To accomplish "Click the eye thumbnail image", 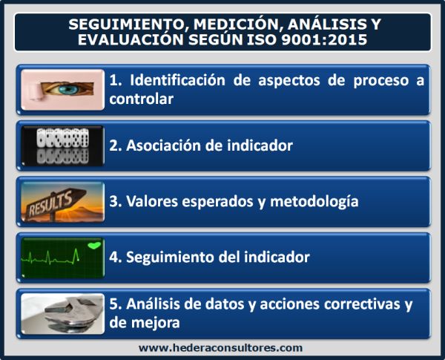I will pyautogui.click(x=62, y=89).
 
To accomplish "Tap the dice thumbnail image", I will pyautogui.click(x=62, y=145).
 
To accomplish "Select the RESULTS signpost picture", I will pyautogui.click(x=62, y=200).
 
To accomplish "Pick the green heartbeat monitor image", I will pyautogui.click(x=62, y=257).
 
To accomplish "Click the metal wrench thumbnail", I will pyautogui.click(x=62, y=312).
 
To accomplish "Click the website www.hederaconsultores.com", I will pyautogui.click(x=221, y=347).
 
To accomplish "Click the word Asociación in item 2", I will pyautogui.click(x=161, y=145).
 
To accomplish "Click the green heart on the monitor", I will pyautogui.click(x=93, y=243).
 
